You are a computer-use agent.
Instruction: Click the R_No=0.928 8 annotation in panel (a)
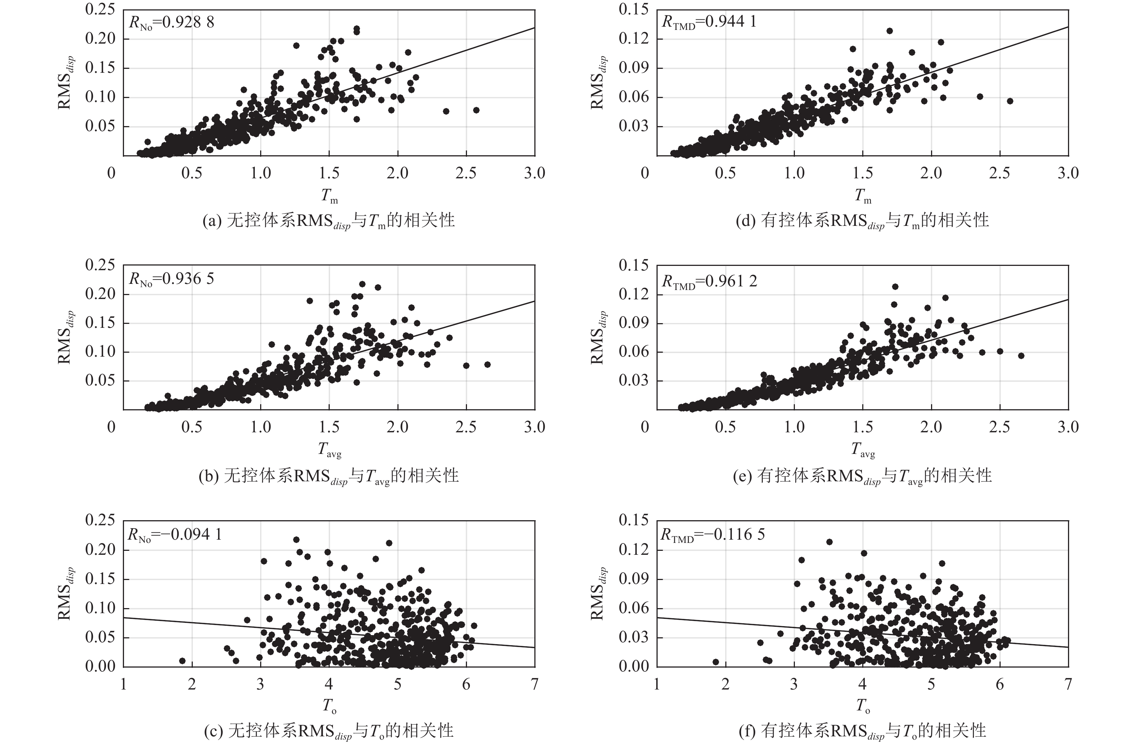(171, 22)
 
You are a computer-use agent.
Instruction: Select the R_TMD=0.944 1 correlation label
(709, 22)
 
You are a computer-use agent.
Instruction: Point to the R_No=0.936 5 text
(171, 279)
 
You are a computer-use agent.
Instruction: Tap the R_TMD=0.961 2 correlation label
(709, 281)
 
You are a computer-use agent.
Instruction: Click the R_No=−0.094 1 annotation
(174, 534)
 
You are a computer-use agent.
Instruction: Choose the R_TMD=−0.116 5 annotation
(712, 534)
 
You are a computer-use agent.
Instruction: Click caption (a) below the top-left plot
(329, 221)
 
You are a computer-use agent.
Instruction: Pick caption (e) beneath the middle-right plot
(862, 476)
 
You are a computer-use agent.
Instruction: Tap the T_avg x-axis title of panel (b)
(330, 449)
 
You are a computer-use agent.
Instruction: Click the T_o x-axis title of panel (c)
(329, 705)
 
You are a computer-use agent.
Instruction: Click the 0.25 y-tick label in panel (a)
(100, 9)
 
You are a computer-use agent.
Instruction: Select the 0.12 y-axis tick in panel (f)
(633, 549)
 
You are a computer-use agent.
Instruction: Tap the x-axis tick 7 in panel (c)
(535, 684)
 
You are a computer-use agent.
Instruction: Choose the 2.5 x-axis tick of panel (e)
(1000, 427)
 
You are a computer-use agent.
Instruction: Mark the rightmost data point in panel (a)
(476, 110)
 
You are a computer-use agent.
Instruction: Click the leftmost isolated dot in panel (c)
(182, 661)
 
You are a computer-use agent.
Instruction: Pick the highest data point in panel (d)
(889, 31)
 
